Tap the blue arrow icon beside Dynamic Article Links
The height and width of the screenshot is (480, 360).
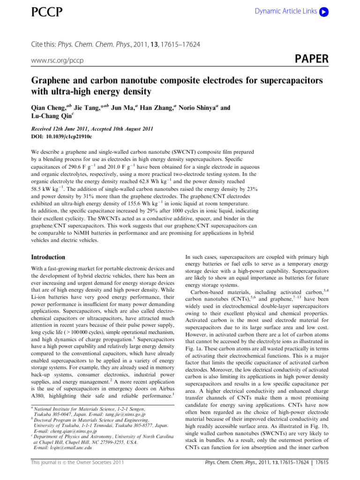323,11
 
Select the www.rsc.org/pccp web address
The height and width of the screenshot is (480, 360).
57,61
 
